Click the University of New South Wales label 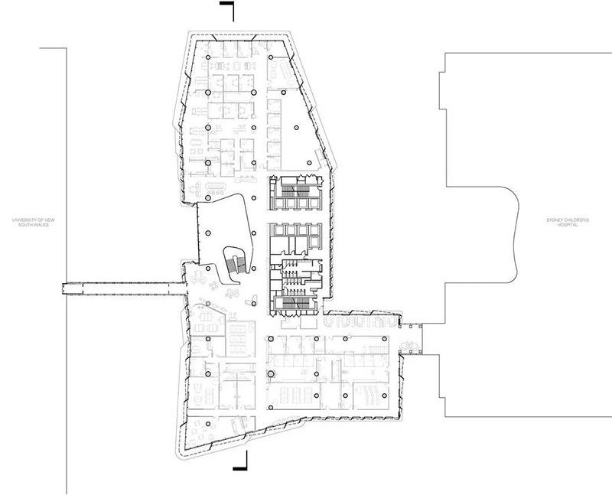[33, 223]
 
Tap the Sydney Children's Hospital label [568, 223]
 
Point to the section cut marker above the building [227, 11]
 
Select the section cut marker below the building [241, 460]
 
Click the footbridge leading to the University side [123, 288]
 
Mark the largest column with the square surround [271, 374]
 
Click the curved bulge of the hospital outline [511, 234]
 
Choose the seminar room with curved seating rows [370, 395]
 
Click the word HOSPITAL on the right [568, 225]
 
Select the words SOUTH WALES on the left [33, 225]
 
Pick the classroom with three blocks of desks [293, 396]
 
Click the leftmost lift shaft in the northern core [280, 203]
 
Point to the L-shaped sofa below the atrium [233, 293]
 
